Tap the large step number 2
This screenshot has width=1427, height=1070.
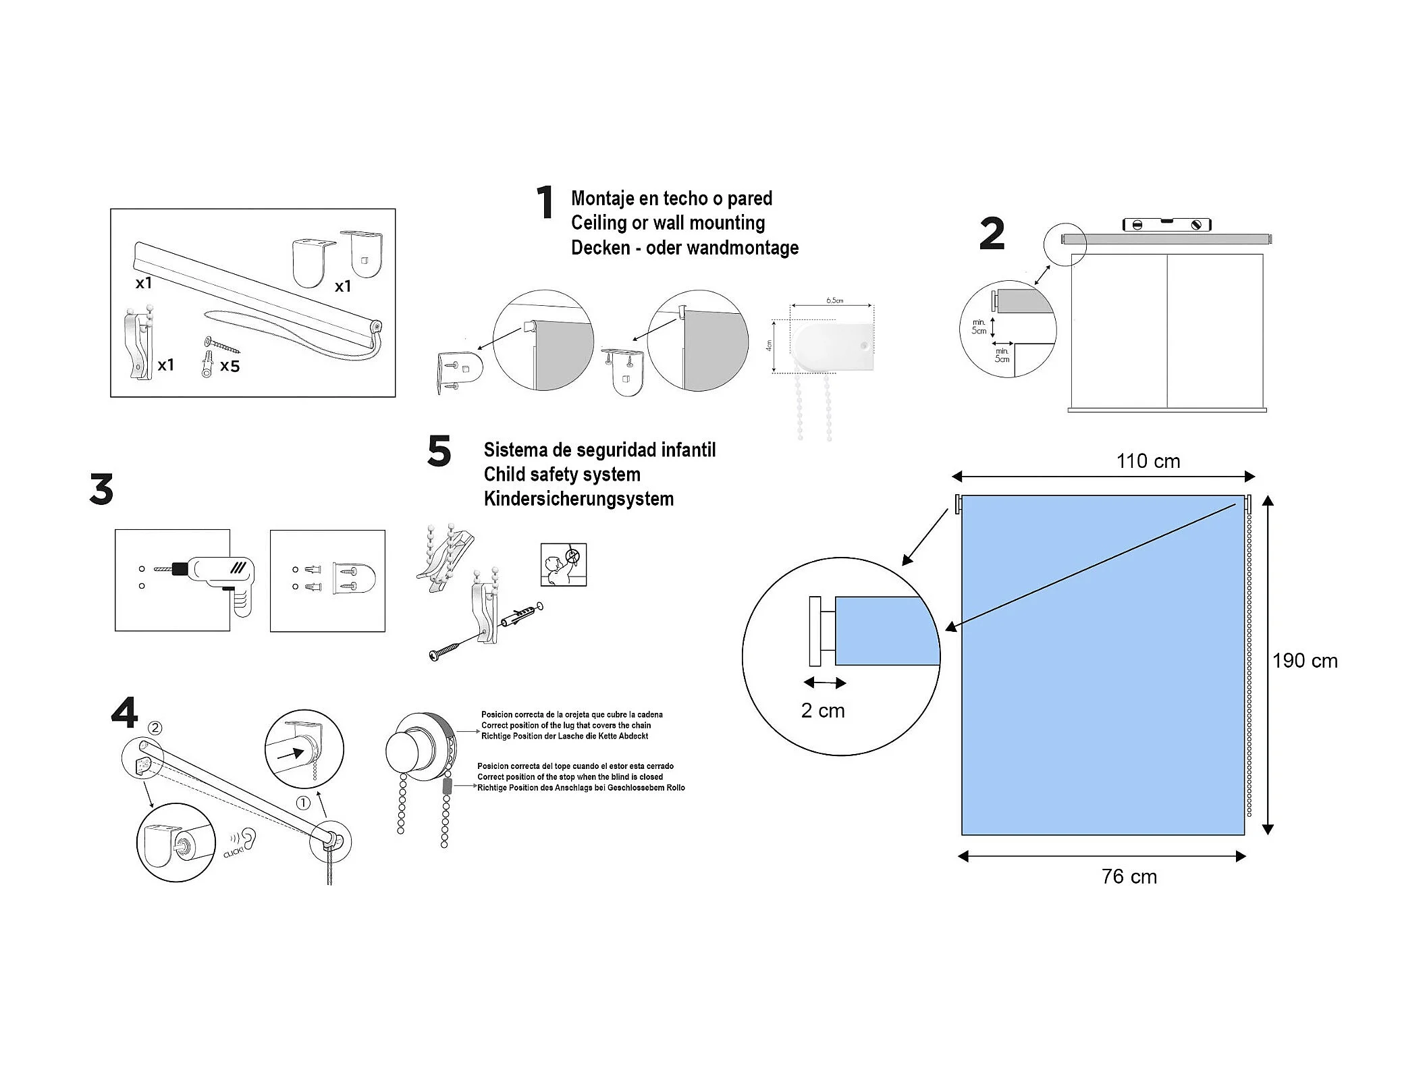pyautogui.click(x=992, y=234)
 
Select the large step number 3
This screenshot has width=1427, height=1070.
pyautogui.click(x=101, y=489)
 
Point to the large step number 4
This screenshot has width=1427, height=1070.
pyautogui.click(x=124, y=713)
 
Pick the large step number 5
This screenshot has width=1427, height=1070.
pyautogui.click(x=439, y=452)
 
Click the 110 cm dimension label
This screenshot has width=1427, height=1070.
pyautogui.click(x=1148, y=461)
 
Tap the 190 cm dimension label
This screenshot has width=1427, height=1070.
pyautogui.click(x=1304, y=661)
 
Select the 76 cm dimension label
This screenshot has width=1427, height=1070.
pyautogui.click(x=1129, y=876)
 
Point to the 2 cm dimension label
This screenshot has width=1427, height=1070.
pyautogui.click(x=822, y=711)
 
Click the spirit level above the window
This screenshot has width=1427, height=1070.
pyautogui.click(x=1166, y=225)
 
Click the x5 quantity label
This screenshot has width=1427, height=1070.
pyautogui.click(x=230, y=366)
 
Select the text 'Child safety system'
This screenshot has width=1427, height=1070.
pyautogui.click(x=562, y=475)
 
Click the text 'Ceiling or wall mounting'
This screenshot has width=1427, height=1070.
pyautogui.click(x=668, y=223)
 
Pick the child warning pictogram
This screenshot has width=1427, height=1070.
pyautogui.click(x=563, y=564)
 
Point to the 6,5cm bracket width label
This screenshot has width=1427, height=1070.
pyautogui.click(x=834, y=300)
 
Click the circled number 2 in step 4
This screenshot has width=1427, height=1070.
pyautogui.click(x=155, y=728)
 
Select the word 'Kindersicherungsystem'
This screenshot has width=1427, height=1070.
pyautogui.click(x=578, y=499)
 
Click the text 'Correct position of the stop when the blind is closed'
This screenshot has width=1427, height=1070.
pyautogui.click(x=570, y=777)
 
